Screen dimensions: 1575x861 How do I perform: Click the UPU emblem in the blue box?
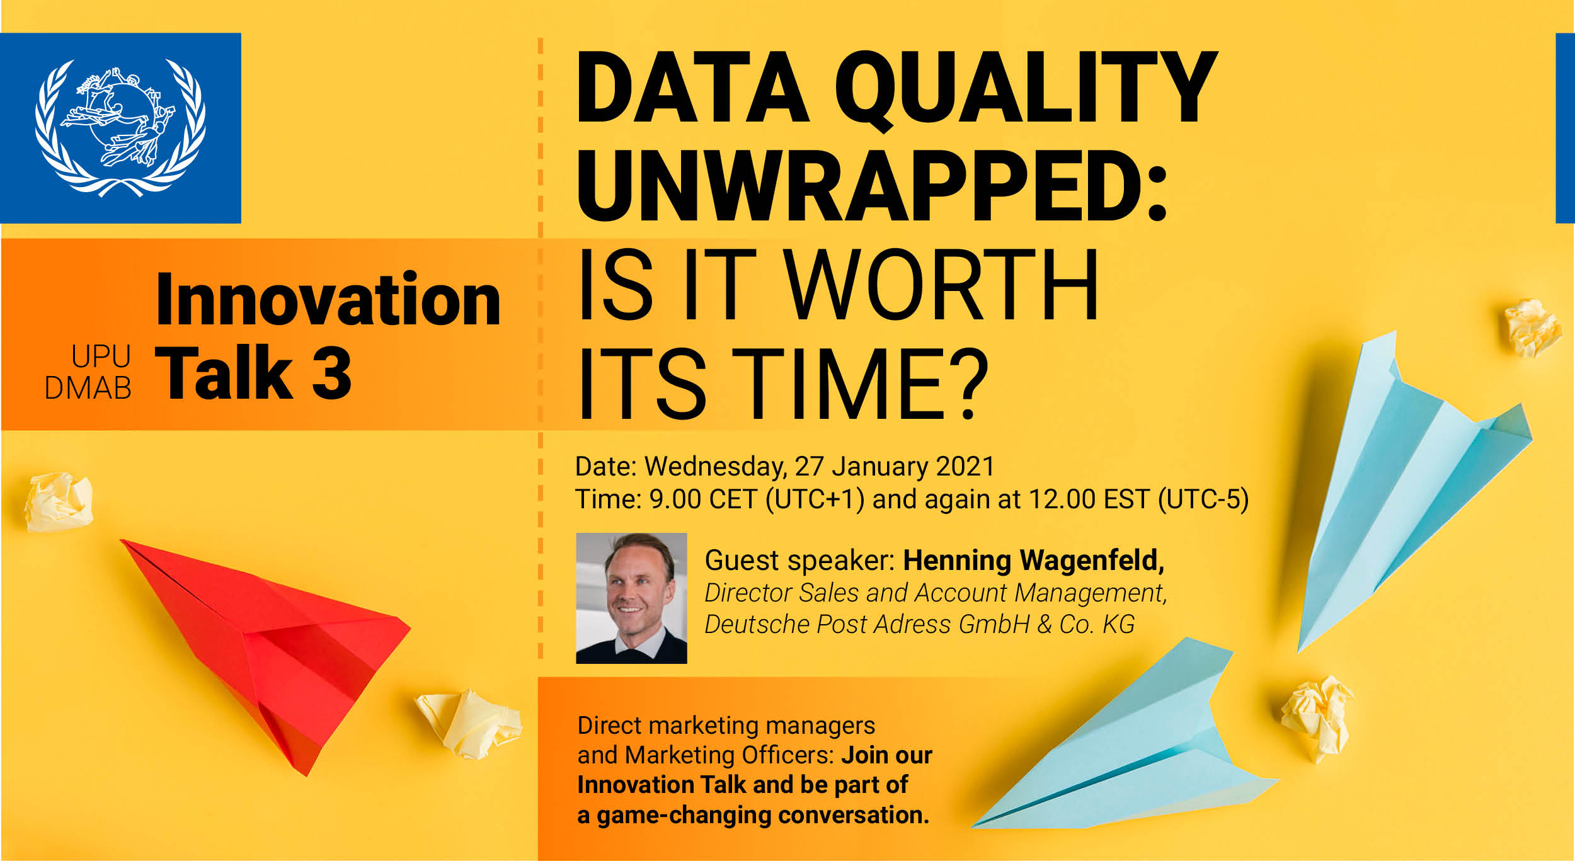(120, 128)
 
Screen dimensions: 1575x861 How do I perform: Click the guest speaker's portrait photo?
(631, 598)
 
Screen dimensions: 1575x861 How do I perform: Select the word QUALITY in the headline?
(1026, 88)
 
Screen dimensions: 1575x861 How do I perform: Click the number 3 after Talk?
(331, 372)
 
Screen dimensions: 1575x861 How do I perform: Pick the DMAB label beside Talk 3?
(88, 388)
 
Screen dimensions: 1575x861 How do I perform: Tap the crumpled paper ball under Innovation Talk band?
(59, 502)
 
